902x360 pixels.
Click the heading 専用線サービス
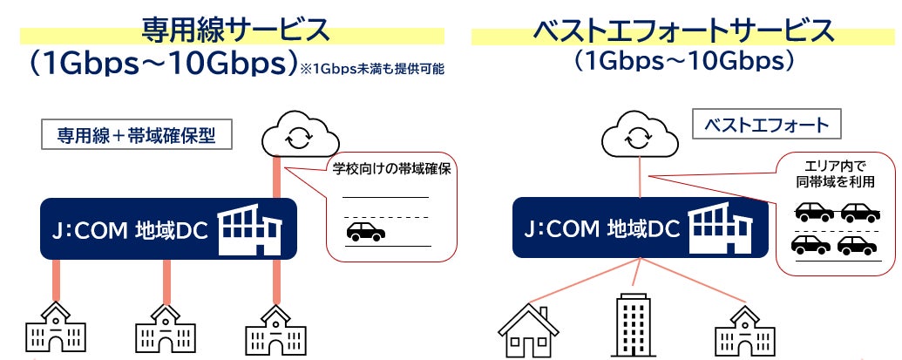pyautogui.click(x=236, y=30)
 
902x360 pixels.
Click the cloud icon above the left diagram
pyautogui.click(x=299, y=136)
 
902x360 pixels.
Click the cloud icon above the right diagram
pyautogui.click(x=639, y=137)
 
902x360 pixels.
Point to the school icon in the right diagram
pyautogui.click(x=743, y=331)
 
